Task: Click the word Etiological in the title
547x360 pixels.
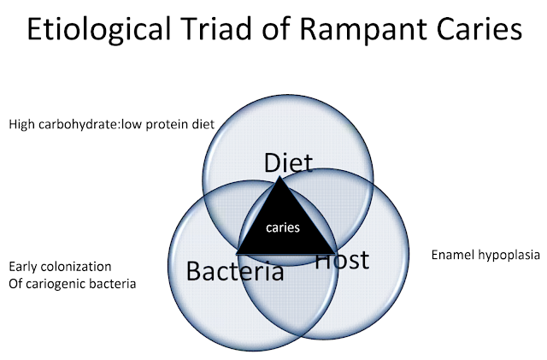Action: [99, 29]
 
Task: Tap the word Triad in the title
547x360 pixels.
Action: [215, 28]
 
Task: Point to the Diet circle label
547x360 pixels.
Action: [288, 162]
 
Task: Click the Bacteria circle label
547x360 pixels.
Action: [235, 271]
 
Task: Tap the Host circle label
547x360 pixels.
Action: [342, 259]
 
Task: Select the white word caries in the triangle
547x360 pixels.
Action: [283, 227]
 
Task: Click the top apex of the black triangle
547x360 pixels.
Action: [279, 176]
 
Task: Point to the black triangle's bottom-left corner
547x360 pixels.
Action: [236, 253]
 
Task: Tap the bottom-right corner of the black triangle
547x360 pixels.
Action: [336, 253]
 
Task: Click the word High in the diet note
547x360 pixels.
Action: [22, 125]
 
